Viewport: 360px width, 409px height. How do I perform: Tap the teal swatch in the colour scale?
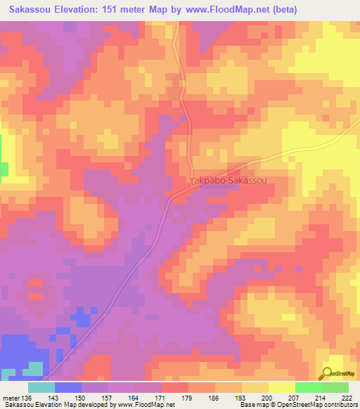(41, 387)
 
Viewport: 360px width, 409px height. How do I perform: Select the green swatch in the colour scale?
(308, 387)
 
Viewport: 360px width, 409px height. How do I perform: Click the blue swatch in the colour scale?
(68, 387)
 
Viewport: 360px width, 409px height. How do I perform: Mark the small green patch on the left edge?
(4, 169)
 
